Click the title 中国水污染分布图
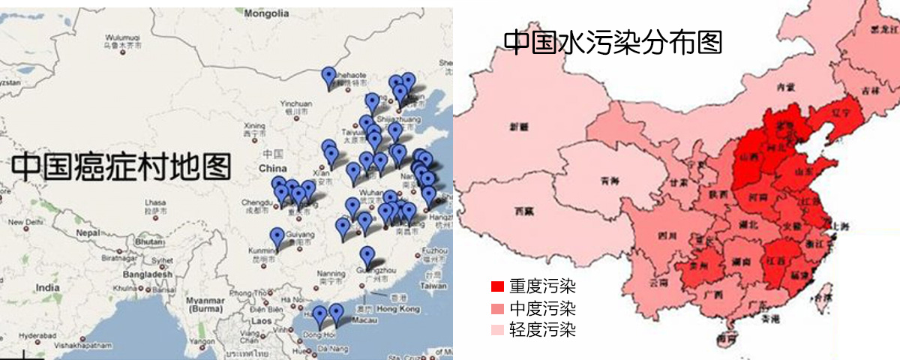point(613,42)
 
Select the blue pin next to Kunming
point(277,238)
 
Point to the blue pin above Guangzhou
point(367,256)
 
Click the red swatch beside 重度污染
point(497,286)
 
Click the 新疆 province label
point(520,128)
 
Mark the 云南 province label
point(658,283)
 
